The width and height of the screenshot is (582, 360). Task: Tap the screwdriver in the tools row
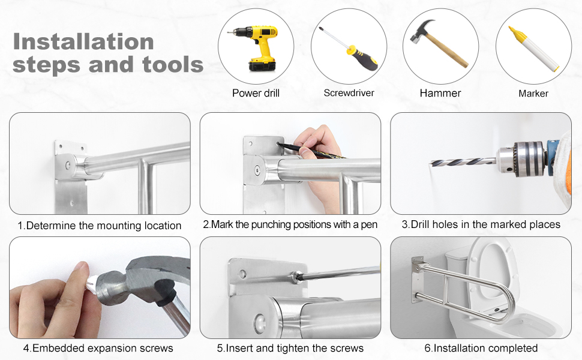(349, 48)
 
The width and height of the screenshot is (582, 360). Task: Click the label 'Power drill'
(256, 93)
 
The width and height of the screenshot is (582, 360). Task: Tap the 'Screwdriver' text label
(349, 93)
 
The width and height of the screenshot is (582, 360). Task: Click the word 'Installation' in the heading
(83, 41)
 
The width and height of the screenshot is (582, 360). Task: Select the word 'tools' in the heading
(173, 65)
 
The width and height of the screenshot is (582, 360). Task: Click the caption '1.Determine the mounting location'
(100, 226)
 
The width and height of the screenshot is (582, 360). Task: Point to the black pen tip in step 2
(279, 144)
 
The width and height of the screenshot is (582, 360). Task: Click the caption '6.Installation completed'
(481, 348)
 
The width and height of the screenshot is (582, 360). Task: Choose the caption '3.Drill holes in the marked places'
(481, 224)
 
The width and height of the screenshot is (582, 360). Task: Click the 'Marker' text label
(533, 94)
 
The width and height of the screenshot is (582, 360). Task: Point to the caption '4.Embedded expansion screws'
(98, 348)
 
